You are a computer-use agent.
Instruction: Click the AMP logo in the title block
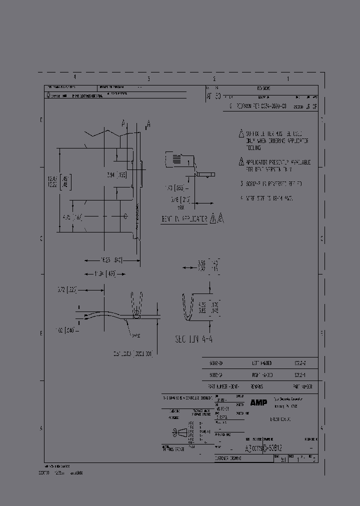[258, 402]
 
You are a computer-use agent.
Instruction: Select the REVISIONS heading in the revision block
[263, 87]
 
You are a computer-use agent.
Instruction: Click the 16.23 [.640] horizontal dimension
[104, 260]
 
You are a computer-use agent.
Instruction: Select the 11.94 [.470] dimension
[104, 273]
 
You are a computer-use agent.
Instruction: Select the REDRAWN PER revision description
[261, 106]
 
